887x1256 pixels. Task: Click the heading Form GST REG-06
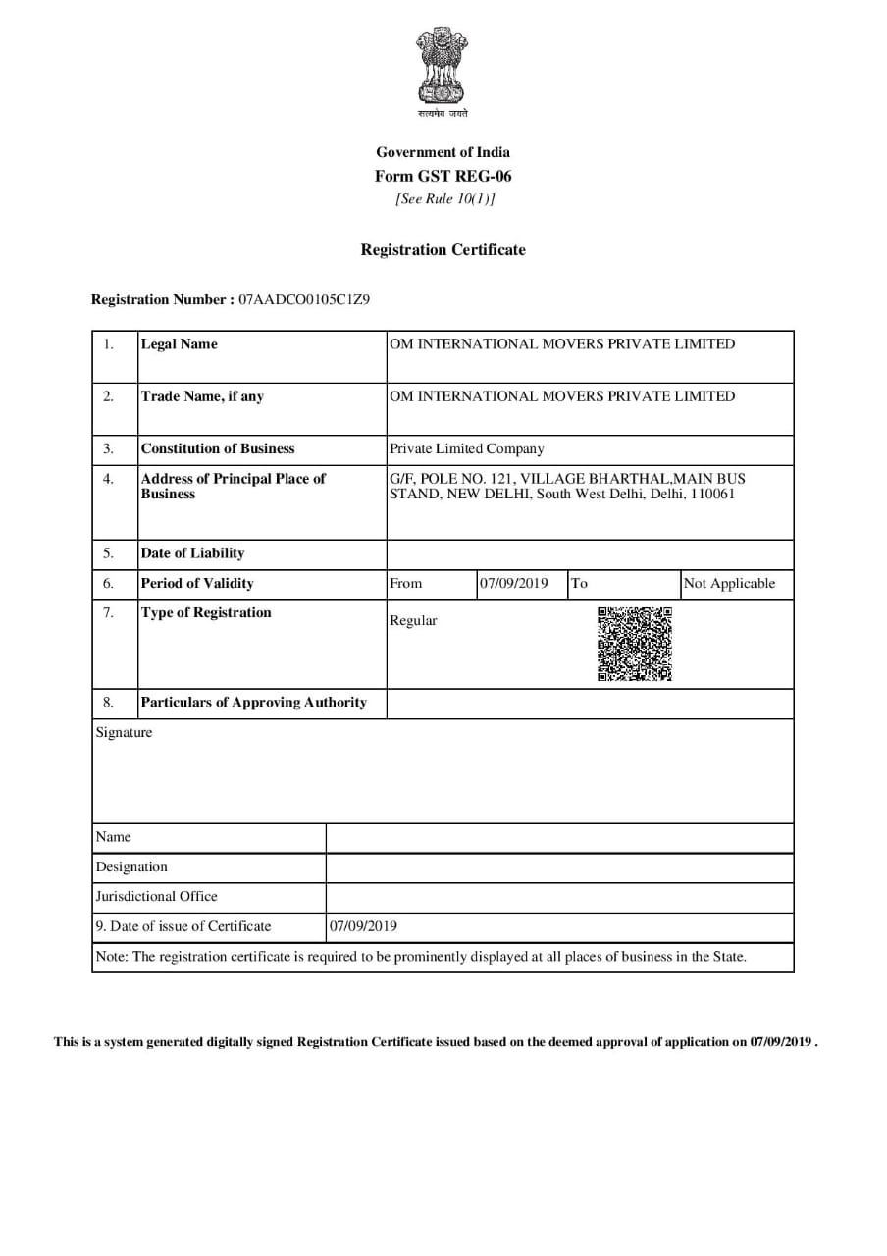[443, 177]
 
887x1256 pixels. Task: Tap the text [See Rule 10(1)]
[444, 199]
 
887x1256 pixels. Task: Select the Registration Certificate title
[443, 250]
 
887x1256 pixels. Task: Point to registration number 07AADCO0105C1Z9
[304, 299]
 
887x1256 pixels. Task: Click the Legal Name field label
[180, 344]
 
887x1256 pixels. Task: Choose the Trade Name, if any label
[202, 396]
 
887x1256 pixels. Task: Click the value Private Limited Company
[466, 449]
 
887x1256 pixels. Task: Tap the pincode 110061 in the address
[711, 494]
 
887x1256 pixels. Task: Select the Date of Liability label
[192, 553]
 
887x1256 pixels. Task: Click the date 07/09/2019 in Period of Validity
[514, 584]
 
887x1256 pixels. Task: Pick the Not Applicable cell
[729, 584]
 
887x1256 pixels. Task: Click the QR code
[635, 645]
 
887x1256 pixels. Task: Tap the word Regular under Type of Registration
[413, 621]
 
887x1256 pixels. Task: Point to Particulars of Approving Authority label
[253, 703]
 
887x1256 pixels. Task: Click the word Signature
[124, 733]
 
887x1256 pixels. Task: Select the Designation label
[131, 867]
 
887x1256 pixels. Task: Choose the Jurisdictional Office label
[157, 897]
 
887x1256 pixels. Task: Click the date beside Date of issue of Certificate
[363, 926]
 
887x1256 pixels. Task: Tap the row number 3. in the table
[108, 449]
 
